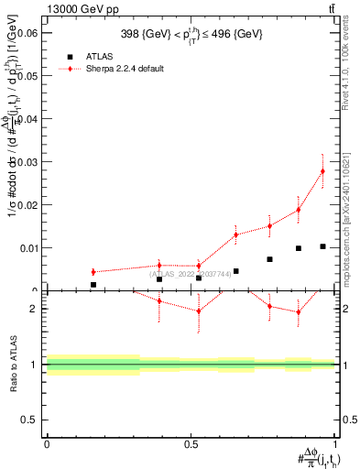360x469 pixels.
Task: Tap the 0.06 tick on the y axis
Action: pyautogui.click(x=27, y=33)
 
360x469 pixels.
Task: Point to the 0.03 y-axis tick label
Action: pyautogui.click(x=27, y=162)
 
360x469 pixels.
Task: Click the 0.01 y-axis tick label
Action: pyautogui.click(x=27, y=248)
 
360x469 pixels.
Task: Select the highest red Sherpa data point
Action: pyautogui.click(x=322, y=171)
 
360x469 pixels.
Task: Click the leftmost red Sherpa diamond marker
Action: pyautogui.click(x=93, y=272)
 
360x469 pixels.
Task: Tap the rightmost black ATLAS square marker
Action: pyautogui.click(x=322, y=246)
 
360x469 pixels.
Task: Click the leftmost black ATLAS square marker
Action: pyautogui.click(x=93, y=285)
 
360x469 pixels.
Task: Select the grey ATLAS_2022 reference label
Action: pyautogui.click(x=191, y=273)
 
